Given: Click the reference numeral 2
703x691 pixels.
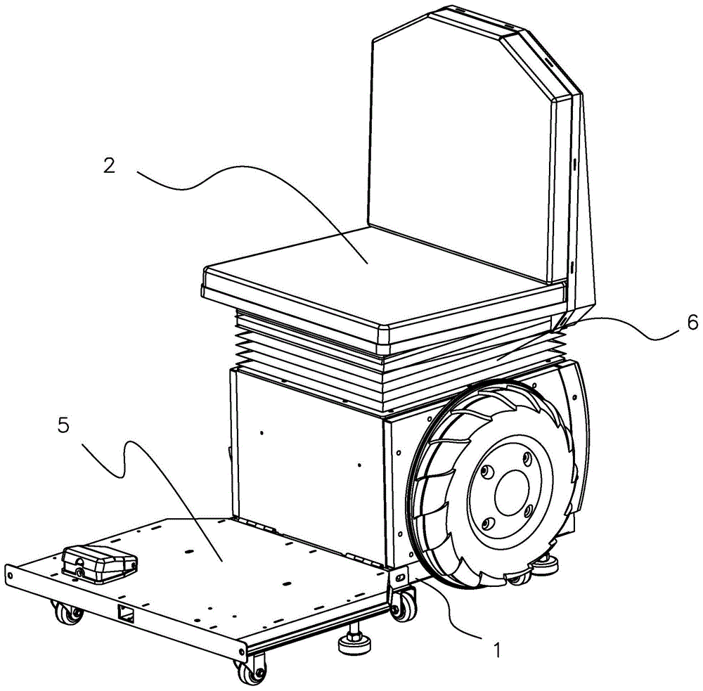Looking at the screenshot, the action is click(110, 166).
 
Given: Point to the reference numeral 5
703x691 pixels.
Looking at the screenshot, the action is click(64, 425).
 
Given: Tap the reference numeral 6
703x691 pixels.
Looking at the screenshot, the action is click(692, 322).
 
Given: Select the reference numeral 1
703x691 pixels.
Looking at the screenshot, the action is click(496, 650).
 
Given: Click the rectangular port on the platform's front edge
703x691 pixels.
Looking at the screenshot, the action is click(126, 612).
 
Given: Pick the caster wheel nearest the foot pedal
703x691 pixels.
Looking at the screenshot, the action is click(67, 612).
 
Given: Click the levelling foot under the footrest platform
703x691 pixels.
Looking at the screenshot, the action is click(354, 642).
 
